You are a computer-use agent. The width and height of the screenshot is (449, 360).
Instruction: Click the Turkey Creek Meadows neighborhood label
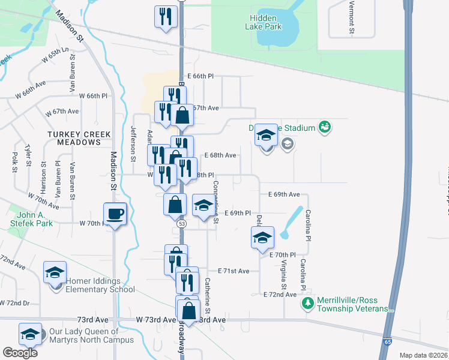[x=79, y=138]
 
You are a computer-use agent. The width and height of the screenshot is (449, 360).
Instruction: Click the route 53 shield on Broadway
[x=182, y=223]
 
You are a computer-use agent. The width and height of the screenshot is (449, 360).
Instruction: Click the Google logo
[x=20, y=353]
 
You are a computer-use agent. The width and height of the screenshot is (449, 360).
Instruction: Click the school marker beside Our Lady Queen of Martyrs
[x=30, y=334]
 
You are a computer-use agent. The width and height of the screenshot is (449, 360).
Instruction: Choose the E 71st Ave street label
[x=234, y=271]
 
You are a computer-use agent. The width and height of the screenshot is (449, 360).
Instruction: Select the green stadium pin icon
[x=325, y=127]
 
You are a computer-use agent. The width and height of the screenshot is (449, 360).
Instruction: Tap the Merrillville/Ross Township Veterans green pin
[x=307, y=303]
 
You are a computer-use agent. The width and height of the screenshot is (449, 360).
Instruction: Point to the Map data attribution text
[x=423, y=355]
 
